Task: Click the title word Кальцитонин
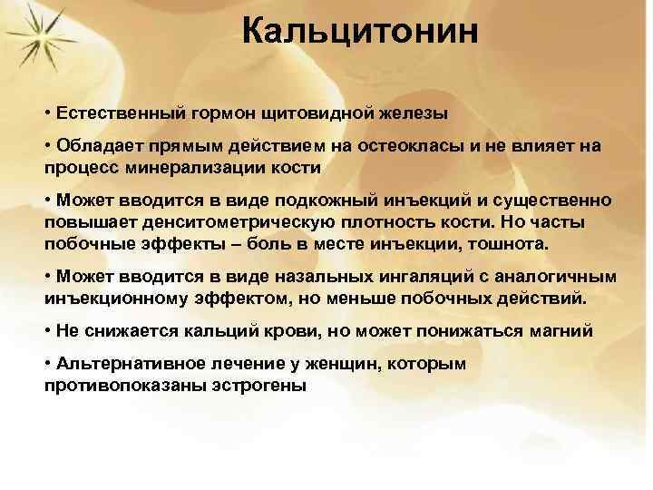[360, 34]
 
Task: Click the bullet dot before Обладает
[46, 146]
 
